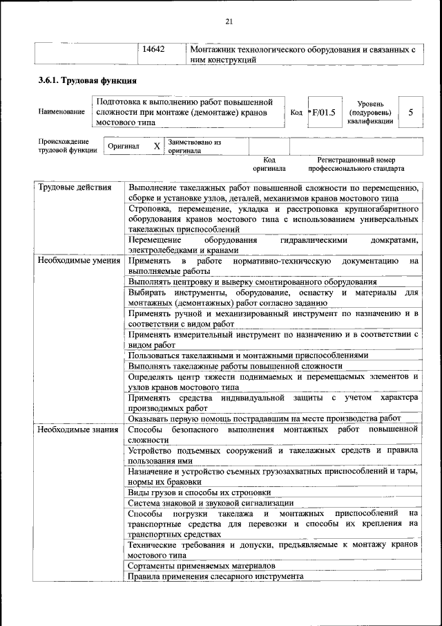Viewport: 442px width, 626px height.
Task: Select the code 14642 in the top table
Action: (153, 50)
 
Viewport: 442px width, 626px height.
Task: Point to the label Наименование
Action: (62, 112)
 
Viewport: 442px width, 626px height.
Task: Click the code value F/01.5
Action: (323, 112)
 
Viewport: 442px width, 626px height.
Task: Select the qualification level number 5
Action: (411, 112)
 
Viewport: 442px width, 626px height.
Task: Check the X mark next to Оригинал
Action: (157, 147)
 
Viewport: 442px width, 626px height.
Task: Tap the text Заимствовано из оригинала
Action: (194, 146)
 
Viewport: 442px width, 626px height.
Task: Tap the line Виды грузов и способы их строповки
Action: (199, 492)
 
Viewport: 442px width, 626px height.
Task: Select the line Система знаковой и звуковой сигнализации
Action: (211, 503)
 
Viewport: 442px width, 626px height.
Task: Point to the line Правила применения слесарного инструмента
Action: (215, 576)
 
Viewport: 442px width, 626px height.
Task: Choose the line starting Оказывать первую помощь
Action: (264, 418)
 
